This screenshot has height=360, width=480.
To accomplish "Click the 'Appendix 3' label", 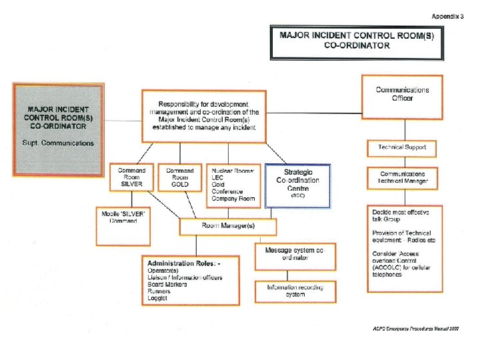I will tap(447, 15).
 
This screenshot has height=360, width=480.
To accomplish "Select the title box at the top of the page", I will tap(357, 40).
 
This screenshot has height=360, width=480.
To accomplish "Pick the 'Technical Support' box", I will tap(402, 147).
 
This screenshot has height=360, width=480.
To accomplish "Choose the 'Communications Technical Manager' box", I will tap(402, 177).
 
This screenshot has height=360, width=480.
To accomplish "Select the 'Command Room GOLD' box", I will tap(179, 177).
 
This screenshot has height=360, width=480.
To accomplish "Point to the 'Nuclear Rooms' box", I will tap(233, 184).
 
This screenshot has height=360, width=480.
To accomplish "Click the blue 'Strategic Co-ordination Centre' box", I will tap(297, 185).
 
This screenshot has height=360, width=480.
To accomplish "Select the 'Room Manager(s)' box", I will tap(228, 226).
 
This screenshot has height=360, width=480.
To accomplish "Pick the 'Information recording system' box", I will tap(295, 291).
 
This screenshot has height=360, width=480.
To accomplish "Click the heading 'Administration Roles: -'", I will tap(184, 263).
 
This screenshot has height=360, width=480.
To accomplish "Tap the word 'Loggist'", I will tap(159, 299).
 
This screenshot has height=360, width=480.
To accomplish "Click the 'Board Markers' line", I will tap(167, 285).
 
